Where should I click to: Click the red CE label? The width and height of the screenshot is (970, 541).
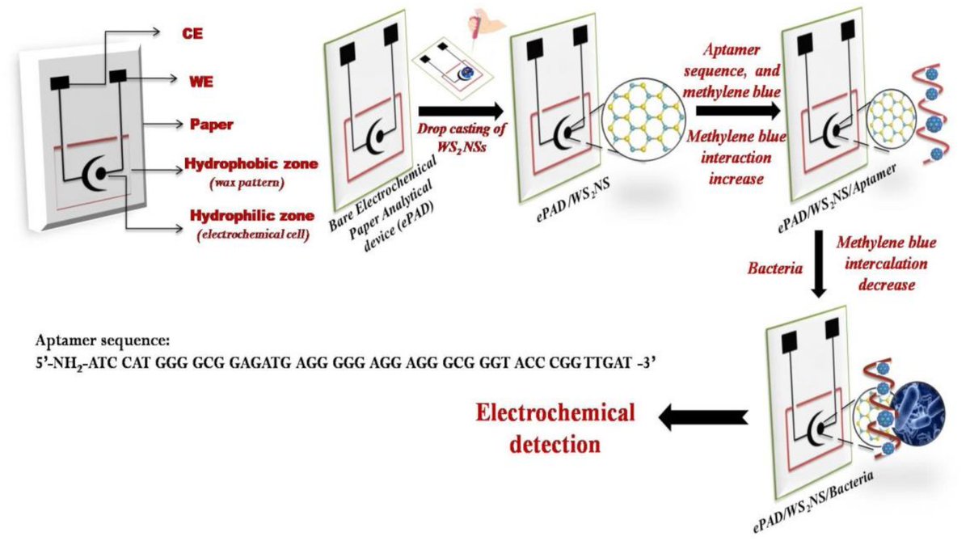click(x=192, y=32)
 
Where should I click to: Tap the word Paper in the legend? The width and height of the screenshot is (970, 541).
click(x=211, y=125)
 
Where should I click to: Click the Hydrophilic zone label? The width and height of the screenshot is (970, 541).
click(x=249, y=218)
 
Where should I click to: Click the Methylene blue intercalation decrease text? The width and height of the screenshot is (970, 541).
click(x=881, y=264)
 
